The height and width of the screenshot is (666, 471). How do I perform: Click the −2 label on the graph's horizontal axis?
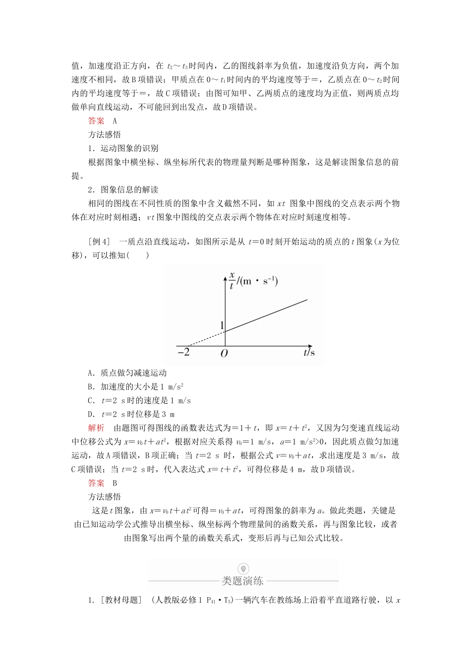click(x=183, y=352)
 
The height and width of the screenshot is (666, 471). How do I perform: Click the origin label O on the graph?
click(x=224, y=354)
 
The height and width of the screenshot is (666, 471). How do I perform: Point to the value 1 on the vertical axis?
click(x=222, y=326)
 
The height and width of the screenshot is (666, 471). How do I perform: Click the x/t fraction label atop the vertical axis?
click(x=231, y=280)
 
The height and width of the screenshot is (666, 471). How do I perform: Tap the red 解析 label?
click(x=96, y=428)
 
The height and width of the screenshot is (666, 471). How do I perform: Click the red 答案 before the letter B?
click(x=96, y=483)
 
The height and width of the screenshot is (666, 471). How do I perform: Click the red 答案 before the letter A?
click(x=96, y=120)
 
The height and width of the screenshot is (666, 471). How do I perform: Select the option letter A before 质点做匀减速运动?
click(x=91, y=373)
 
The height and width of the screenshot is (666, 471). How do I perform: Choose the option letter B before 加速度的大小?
click(x=91, y=387)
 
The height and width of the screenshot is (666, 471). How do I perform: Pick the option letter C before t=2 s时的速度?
click(x=91, y=401)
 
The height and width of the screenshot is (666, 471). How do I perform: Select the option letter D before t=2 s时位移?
click(x=91, y=415)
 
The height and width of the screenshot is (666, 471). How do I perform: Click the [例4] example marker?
click(x=99, y=242)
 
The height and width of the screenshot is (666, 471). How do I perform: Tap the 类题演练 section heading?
click(x=243, y=581)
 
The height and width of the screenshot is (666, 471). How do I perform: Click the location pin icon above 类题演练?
click(x=243, y=568)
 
